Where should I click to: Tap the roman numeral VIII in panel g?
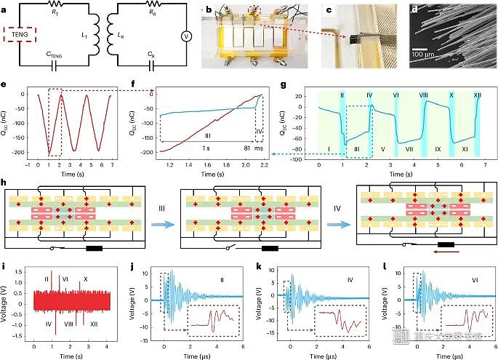tap(424, 95)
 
